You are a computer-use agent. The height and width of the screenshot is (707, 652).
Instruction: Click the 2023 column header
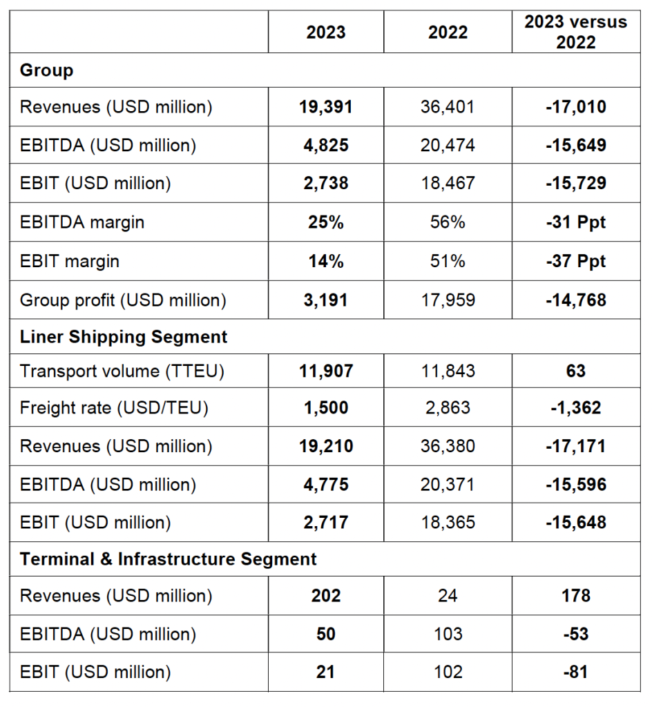326,32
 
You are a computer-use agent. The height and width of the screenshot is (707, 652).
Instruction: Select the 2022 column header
448,32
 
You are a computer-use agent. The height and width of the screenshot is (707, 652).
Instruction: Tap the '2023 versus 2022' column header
575,32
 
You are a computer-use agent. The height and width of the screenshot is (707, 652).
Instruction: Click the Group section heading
47,70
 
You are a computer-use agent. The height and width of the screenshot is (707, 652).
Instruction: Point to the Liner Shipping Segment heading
124,337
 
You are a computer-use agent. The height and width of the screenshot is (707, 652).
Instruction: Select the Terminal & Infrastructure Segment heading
169,559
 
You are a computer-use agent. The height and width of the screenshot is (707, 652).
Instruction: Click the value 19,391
326,107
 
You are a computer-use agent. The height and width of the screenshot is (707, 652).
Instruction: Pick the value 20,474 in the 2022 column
448,145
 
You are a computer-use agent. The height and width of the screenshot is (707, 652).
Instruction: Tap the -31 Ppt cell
575,222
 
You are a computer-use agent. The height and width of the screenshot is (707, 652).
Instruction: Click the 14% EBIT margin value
326,261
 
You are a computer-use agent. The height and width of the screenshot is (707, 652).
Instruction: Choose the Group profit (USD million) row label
123,300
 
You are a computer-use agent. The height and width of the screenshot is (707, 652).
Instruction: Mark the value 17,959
448,300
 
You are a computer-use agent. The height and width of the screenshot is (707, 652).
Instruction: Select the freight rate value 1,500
326,407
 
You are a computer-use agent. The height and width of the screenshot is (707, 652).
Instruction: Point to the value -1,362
575,407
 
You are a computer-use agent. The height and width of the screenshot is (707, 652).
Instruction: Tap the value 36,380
448,446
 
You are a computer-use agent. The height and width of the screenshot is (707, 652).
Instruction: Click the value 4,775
326,485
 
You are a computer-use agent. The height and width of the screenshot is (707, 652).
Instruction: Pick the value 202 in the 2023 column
326,595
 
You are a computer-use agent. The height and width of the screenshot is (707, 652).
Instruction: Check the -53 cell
575,634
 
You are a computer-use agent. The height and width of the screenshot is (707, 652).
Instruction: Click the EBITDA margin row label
82,222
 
